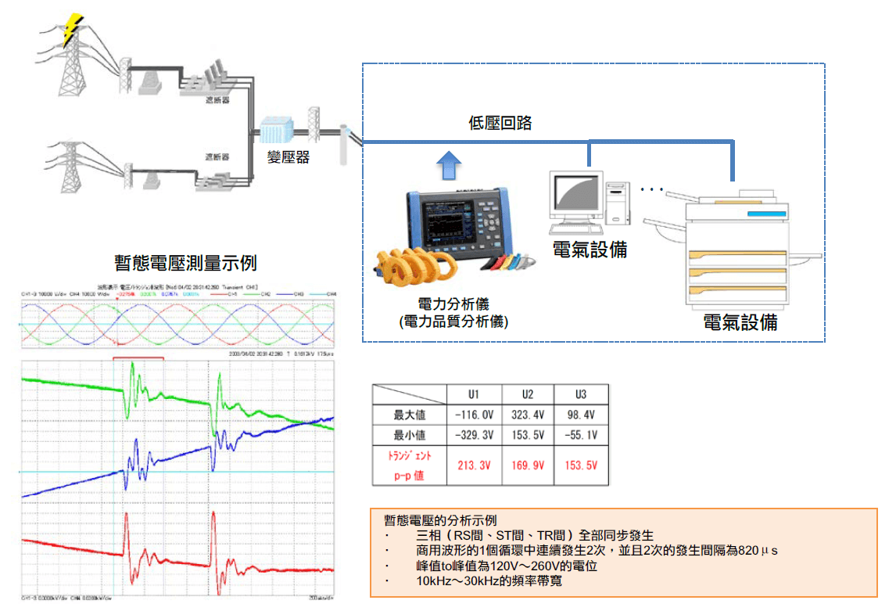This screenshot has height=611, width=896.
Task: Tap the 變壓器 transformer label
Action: coord(289,157)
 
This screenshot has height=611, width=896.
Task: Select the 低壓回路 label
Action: coord(500,123)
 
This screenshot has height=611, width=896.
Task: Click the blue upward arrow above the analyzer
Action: coord(450,167)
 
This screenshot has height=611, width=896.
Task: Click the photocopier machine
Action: coord(739,250)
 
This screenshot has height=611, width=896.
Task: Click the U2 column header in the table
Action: coord(528,394)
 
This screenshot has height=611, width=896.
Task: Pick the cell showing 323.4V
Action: coord(528,414)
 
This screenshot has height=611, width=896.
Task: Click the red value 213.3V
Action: coord(475,465)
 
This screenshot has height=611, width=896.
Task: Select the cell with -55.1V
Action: coord(579,435)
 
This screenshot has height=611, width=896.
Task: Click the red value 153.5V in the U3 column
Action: coord(580,465)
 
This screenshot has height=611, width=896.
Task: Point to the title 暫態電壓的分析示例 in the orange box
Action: coord(440,520)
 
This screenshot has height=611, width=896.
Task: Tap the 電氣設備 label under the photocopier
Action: coord(740,322)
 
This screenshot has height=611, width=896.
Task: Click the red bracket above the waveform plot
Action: coord(138,358)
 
